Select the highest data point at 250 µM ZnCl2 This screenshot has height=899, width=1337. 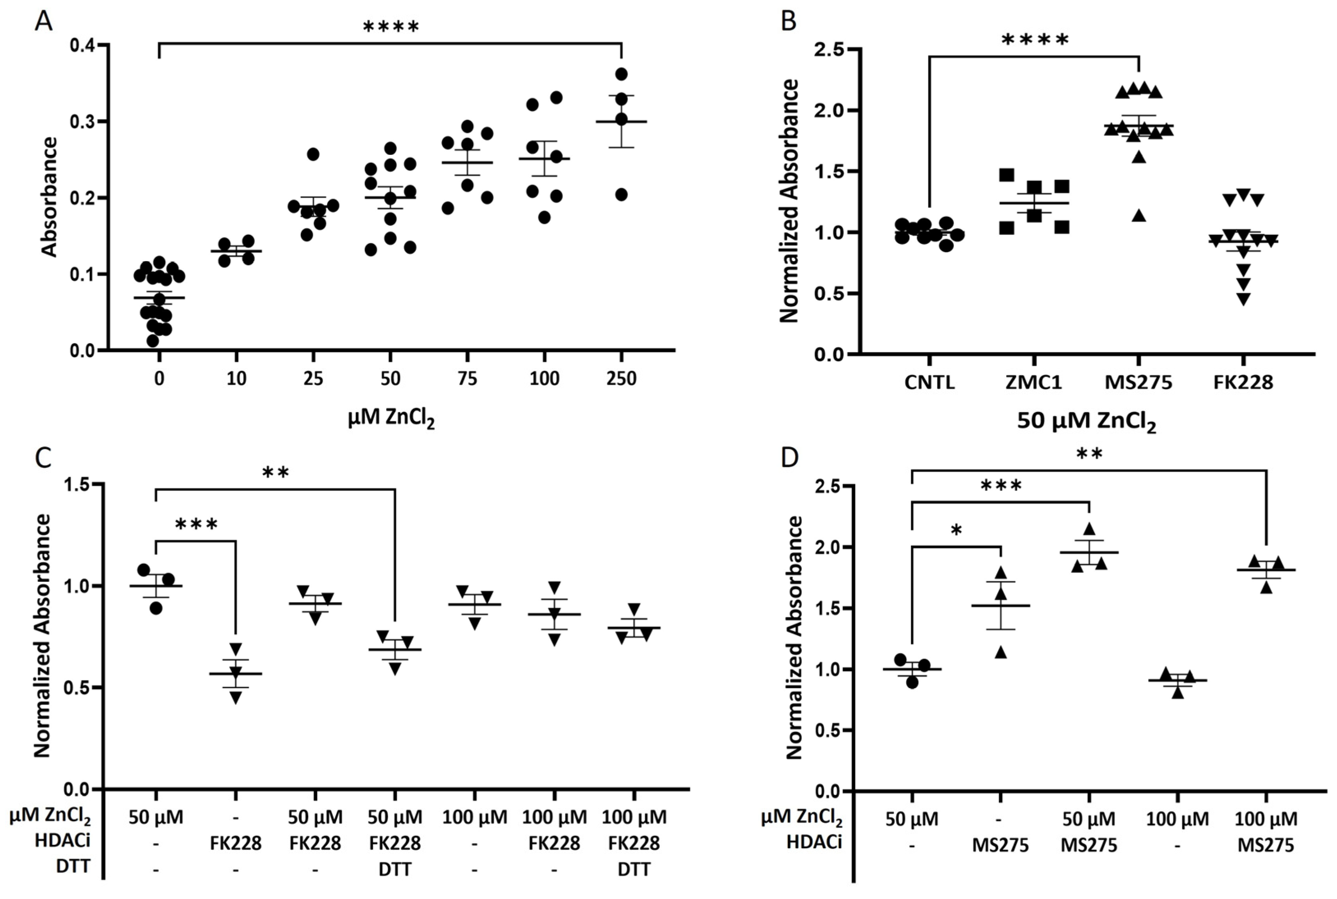(621, 74)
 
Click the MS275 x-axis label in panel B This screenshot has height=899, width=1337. (1138, 382)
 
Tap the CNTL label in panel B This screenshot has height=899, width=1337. (929, 382)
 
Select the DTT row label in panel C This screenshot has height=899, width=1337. (73, 866)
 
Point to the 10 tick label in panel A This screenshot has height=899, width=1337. (236, 379)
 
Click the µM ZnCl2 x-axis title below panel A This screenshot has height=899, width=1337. (391, 419)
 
